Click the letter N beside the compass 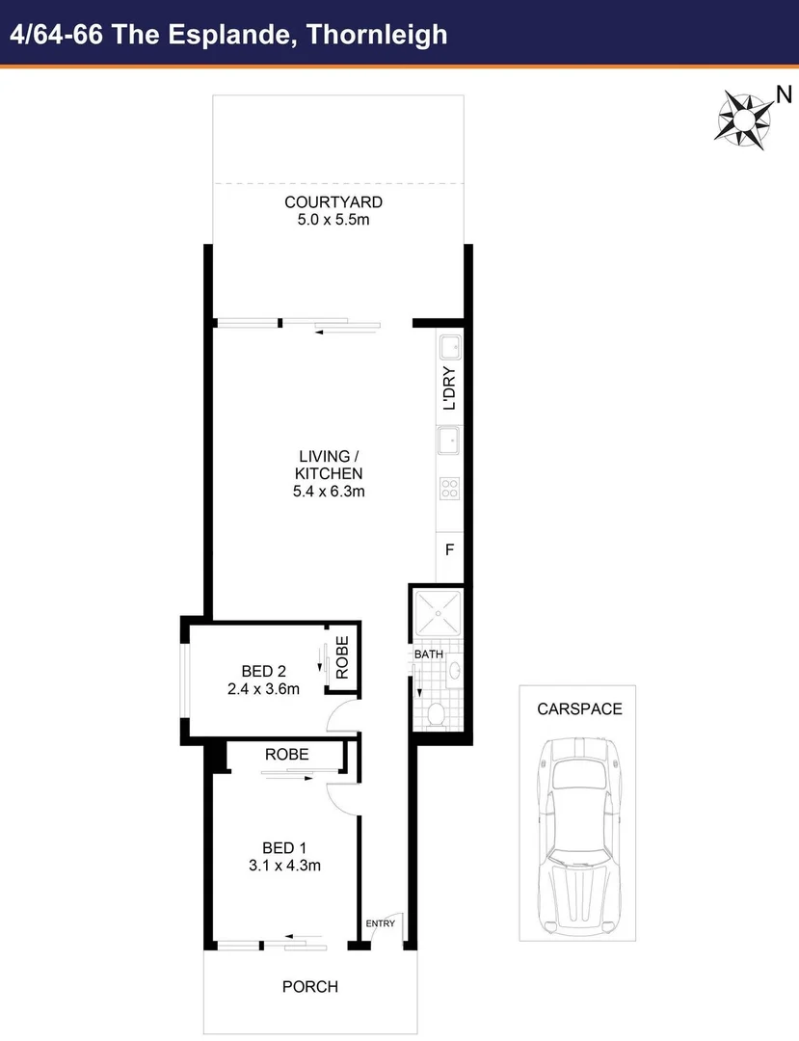coord(785,93)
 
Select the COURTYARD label coord(333,202)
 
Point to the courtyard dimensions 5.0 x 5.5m coord(333,220)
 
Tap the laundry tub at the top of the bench coord(449,347)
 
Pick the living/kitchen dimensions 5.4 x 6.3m coord(329,491)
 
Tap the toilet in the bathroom coord(436,714)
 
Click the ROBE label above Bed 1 coord(286,755)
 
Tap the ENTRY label coord(381,923)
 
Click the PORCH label coord(309,987)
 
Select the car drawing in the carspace coord(579,833)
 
